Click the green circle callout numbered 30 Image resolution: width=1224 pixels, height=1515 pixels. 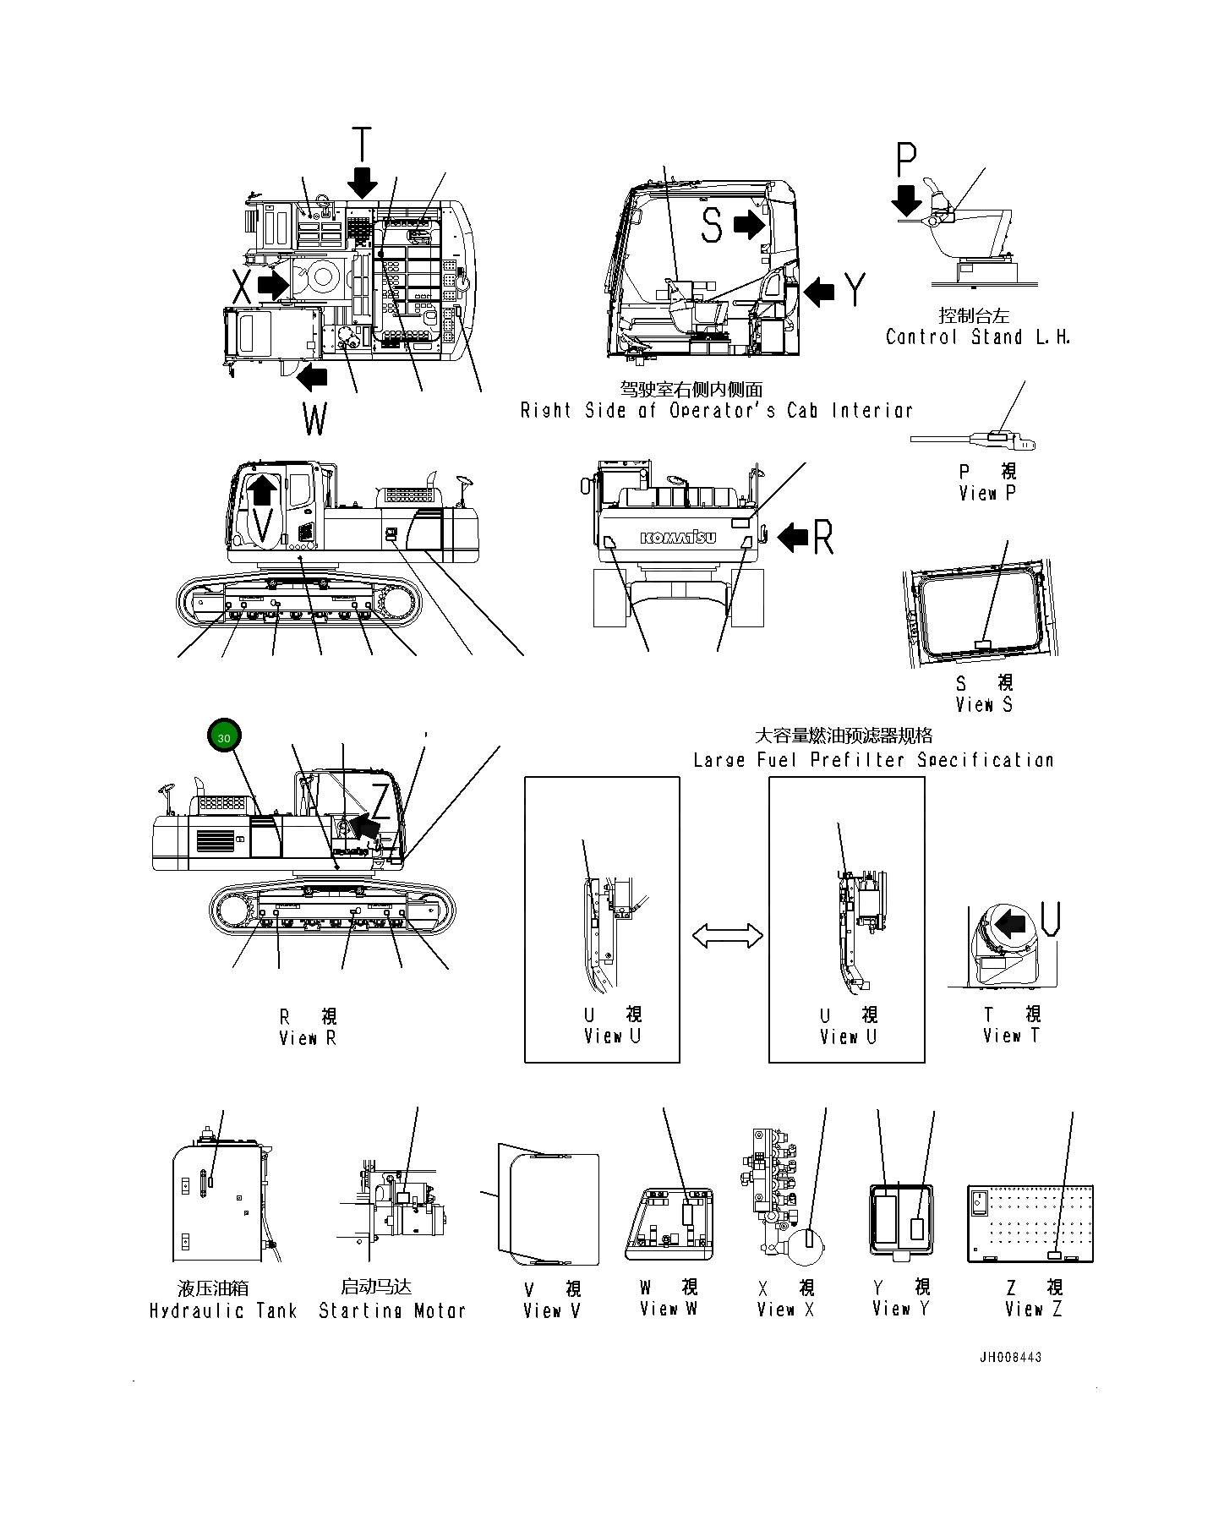click(x=224, y=737)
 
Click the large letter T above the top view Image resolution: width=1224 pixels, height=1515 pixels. click(x=362, y=145)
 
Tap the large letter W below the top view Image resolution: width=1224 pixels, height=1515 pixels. click(x=314, y=418)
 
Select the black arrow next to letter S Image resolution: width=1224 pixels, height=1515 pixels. click(x=748, y=225)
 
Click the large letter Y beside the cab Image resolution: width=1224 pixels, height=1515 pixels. click(x=855, y=290)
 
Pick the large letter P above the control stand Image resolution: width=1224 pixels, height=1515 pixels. click(x=906, y=161)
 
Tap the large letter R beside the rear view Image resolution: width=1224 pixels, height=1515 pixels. click(x=822, y=538)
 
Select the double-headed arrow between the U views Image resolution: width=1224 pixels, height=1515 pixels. click(x=727, y=936)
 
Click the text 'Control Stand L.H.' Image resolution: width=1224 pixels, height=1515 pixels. click(x=978, y=337)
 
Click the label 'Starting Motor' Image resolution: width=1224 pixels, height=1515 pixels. click(x=392, y=1311)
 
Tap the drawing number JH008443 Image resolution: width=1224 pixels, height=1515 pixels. click(x=1010, y=1357)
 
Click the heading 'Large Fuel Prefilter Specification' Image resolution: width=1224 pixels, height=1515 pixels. click(x=873, y=760)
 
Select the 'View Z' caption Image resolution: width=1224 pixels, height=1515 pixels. click(x=1033, y=1310)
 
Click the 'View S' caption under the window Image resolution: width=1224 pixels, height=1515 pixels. click(x=984, y=704)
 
